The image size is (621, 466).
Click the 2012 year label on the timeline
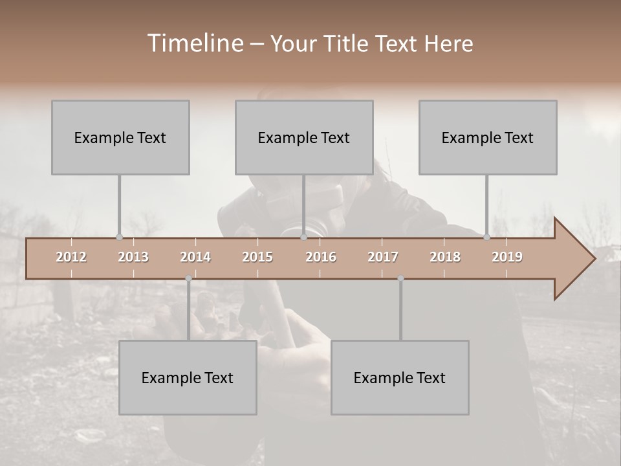coord(71,257)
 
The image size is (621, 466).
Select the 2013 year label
coord(133,257)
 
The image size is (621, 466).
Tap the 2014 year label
coord(195,257)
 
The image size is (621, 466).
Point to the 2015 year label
coord(257,257)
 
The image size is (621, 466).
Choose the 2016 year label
coord(321,257)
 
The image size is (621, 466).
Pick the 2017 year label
coord(383,257)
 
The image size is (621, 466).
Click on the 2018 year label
coord(445,257)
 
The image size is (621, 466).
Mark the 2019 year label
coord(507,257)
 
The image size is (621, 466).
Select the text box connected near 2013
coord(120,137)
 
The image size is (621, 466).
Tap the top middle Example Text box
coord(304,137)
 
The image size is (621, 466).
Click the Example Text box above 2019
coord(488,137)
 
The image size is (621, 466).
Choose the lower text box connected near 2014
coord(188,377)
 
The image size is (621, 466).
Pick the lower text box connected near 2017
coord(400,377)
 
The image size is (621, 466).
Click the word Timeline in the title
coord(194,43)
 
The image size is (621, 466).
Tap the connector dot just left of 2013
coord(119,237)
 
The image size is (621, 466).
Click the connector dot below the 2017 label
coord(400,278)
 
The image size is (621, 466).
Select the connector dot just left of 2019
coord(487,237)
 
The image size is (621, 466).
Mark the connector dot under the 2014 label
coord(188,278)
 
